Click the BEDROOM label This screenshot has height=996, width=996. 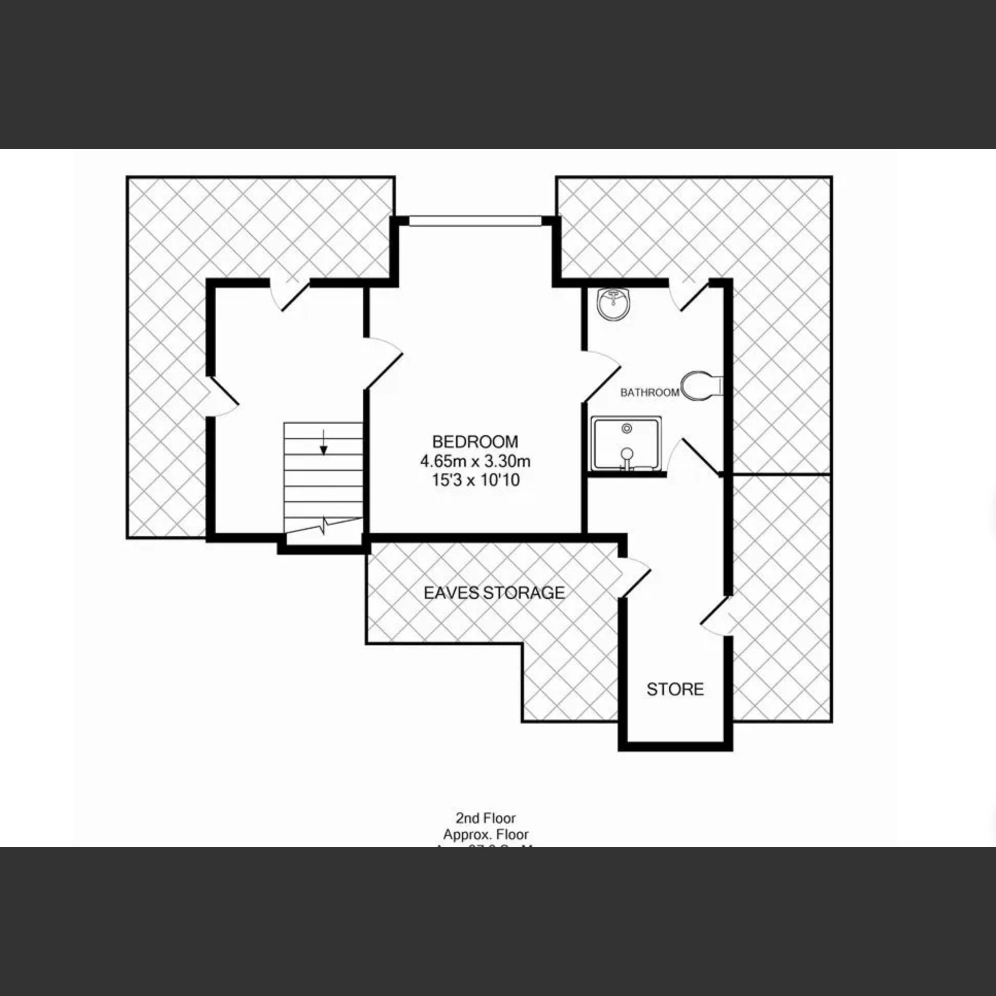click(x=475, y=442)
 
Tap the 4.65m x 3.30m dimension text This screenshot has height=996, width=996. click(x=475, y=461)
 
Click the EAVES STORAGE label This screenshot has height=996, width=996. click(x=494, y=593)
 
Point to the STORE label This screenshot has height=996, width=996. click(x=675, y=689)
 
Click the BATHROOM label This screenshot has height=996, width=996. click(x=649, y=393)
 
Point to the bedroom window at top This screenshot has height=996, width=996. click(x=475, y=221)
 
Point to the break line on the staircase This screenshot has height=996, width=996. click(x=324, y=526)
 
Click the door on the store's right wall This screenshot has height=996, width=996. click(x=716, y=616)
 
